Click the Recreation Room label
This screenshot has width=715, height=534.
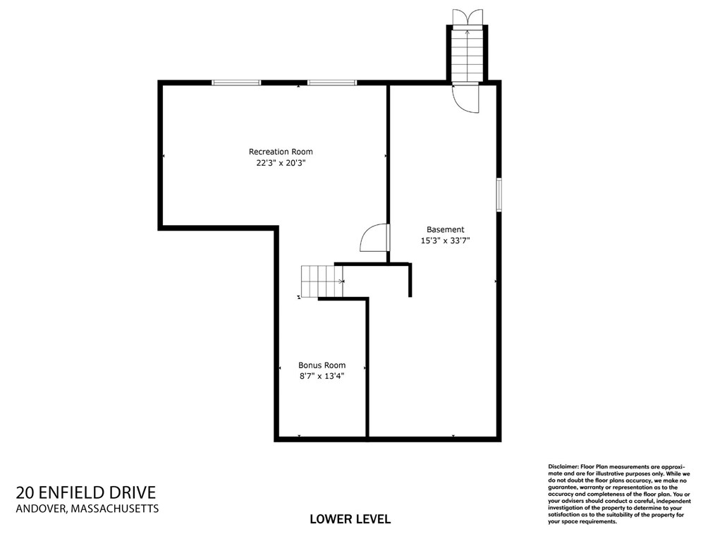pyautogui.click(x=281, y=152)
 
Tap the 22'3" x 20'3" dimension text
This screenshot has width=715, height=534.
pyautogui.click(x=281, y=163)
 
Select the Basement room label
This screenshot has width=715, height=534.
pyautogui.click(x=445, y=229)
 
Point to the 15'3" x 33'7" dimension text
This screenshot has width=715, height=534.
pyautogui.click(x=445, y=241)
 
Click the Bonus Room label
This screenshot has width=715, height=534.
pyautogui.click(x=322, y=365)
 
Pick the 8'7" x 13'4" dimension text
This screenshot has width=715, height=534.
pyautogui.click(x=322, y=376)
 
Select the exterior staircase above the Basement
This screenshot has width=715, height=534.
pyautogui.click(x=467, y=56)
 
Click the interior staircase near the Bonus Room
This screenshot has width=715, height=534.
pyautogui.click(x=322, y=281)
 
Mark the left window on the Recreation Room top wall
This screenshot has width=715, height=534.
pyautogui.click(x=236, y=83)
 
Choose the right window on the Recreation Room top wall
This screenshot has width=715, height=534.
pyautogui.click(x=332, y=83)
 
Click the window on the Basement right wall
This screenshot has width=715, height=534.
pyautogui.click(x=499, y=195)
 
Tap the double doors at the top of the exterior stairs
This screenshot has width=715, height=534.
pyautogui.click(x=468, y=18)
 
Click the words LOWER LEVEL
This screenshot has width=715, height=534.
pyautogui.click(x=350, y=519)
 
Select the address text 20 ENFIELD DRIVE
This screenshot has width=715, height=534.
pyautogui.click(x=86, y=492)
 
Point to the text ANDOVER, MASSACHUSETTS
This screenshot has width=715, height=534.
pyautogui.click(x=87, y=509)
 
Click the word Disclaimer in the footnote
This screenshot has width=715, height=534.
pyautogui.click(x=563, y=466)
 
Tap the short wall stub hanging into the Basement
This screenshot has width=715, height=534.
pyautogui.click(x=410, y=280)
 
